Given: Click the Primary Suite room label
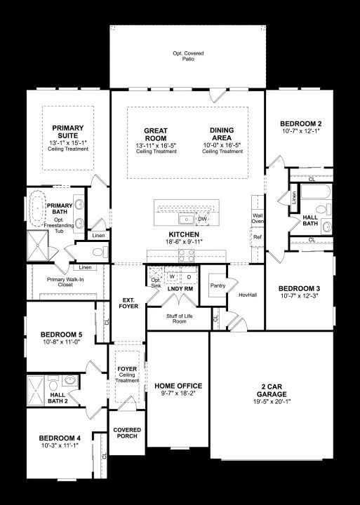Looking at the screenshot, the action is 68,132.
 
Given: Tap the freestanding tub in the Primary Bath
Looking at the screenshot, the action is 37,208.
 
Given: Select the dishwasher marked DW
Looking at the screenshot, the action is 202,219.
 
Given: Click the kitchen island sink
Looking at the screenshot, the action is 187,220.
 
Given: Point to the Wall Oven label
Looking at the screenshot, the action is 258,218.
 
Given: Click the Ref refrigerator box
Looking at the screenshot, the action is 257,237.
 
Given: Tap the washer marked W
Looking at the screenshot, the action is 172,276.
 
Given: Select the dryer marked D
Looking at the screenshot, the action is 189,276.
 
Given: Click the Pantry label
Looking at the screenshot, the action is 218,285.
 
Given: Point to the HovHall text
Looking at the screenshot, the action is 248,295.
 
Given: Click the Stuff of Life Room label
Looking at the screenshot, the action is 179,318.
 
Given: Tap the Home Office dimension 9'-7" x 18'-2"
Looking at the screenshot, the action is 178,393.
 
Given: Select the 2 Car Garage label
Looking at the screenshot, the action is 272,391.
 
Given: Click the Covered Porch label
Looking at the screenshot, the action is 127,433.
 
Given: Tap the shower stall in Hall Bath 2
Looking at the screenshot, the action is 36,391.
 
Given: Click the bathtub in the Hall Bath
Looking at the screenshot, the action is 316,191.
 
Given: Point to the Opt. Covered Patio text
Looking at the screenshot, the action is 188,56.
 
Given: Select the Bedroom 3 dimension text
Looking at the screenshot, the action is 299,296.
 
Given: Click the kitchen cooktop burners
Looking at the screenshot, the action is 187,256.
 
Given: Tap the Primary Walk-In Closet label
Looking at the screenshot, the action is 65,282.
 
